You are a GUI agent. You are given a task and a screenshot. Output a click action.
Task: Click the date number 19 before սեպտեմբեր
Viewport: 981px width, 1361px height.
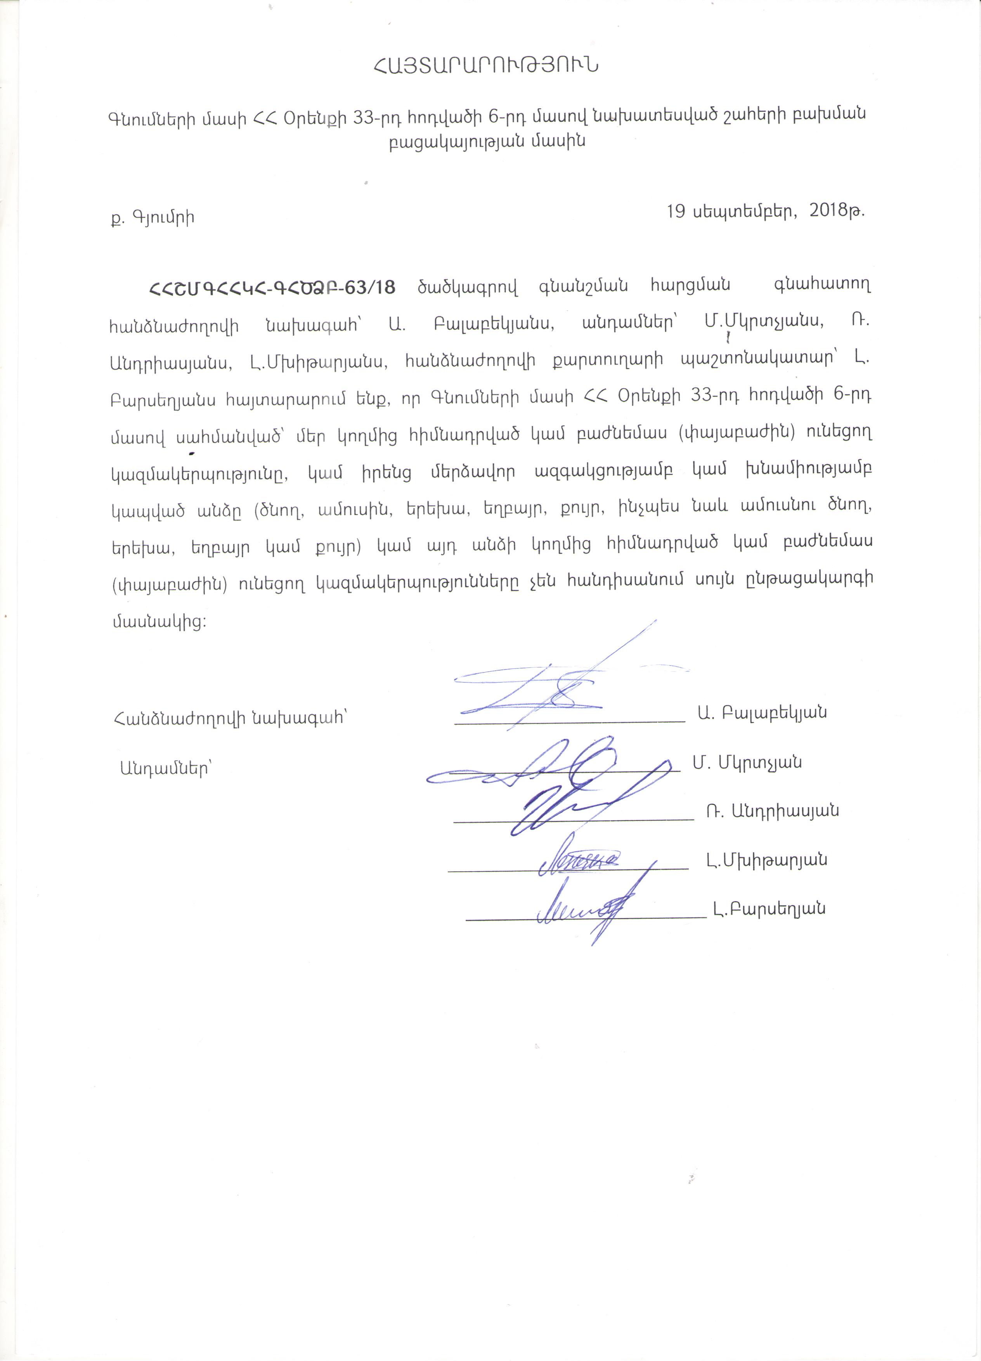[676, 211]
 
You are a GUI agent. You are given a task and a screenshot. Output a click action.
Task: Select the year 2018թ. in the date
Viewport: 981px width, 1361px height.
[837, 211]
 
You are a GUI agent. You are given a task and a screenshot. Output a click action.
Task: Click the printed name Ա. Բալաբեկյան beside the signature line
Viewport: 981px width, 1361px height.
[763, 712]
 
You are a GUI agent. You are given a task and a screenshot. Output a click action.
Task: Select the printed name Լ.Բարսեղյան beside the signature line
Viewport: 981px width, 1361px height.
[770, 908]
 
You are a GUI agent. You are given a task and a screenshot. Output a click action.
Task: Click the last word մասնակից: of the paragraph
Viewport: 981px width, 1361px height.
[159, 621]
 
